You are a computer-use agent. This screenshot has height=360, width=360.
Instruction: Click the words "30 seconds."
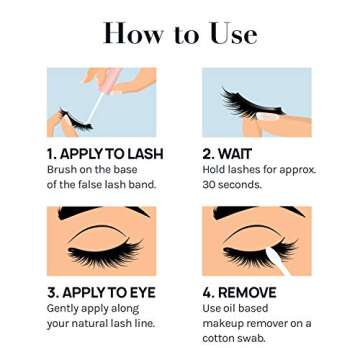[231, 184]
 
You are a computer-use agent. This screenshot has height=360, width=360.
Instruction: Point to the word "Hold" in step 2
[215, 169]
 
